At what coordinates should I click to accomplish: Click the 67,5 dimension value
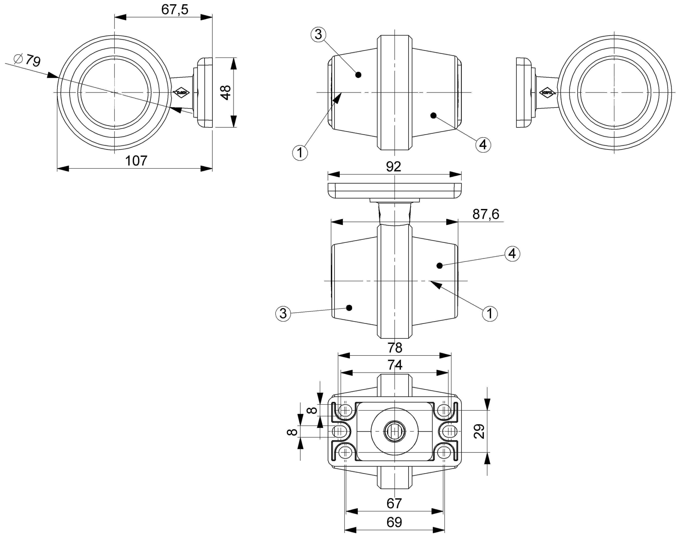tap(175, 10)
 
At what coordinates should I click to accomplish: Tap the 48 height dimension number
tap(226, 92)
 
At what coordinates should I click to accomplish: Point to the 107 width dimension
tap(136, 161)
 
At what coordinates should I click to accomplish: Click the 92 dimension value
tap(394, 167)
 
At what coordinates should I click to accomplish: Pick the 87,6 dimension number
tap(486, 214)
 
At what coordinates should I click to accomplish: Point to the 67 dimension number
tap(394, 503)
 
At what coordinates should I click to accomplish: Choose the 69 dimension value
tap(394, 522)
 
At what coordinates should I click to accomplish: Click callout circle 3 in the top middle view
tap(318, 34)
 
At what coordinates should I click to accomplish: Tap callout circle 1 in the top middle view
tap(300, 153)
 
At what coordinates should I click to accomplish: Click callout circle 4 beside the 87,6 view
tap(512, 253)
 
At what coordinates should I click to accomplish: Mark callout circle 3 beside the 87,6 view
tap(283, 313)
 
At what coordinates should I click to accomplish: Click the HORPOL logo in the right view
tap(547, 93)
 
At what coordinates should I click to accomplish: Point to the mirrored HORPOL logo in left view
tap(182, 93)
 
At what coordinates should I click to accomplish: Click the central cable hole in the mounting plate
tap(395, 431)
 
